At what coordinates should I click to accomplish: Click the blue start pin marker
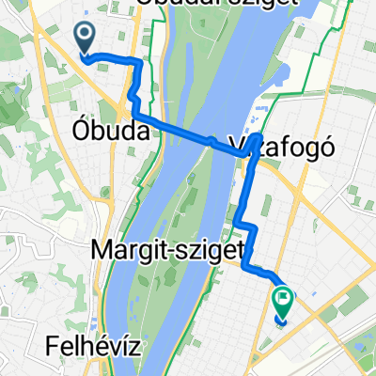pyautogui.click(x=85, y=39)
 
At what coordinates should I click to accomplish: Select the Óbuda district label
pyautogui.click(x=110, y=133)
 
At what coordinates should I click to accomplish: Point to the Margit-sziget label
pyautogui.click(x=168, y=251)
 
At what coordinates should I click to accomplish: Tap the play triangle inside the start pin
pyautogui.click(x=85, y=36)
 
